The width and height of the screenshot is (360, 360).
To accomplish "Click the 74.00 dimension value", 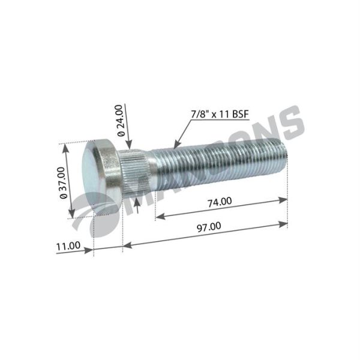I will (x=220, y=202).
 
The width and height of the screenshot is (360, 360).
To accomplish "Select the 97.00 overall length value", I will (x=208, y=226).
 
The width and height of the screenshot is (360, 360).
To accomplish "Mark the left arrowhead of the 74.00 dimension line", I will (x=159, y=217).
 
